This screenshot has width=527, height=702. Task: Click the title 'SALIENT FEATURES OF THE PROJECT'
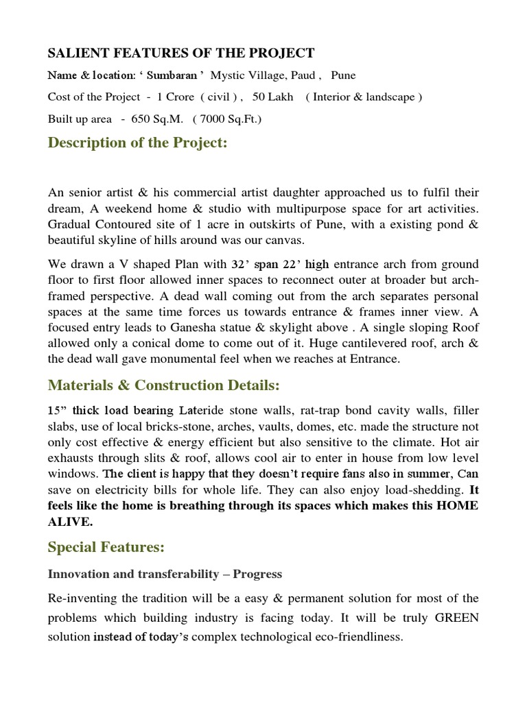click(x=181, y=53)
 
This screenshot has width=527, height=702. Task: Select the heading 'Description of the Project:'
click(x=137, y=143)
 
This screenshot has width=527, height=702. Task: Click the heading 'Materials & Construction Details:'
click(x=164, y=387)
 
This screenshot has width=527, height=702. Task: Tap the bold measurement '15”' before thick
click(x=57, y=411)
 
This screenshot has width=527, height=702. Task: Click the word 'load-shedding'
click(x=386, y=489)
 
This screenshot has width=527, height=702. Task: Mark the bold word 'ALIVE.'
click(x=70, y=521)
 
